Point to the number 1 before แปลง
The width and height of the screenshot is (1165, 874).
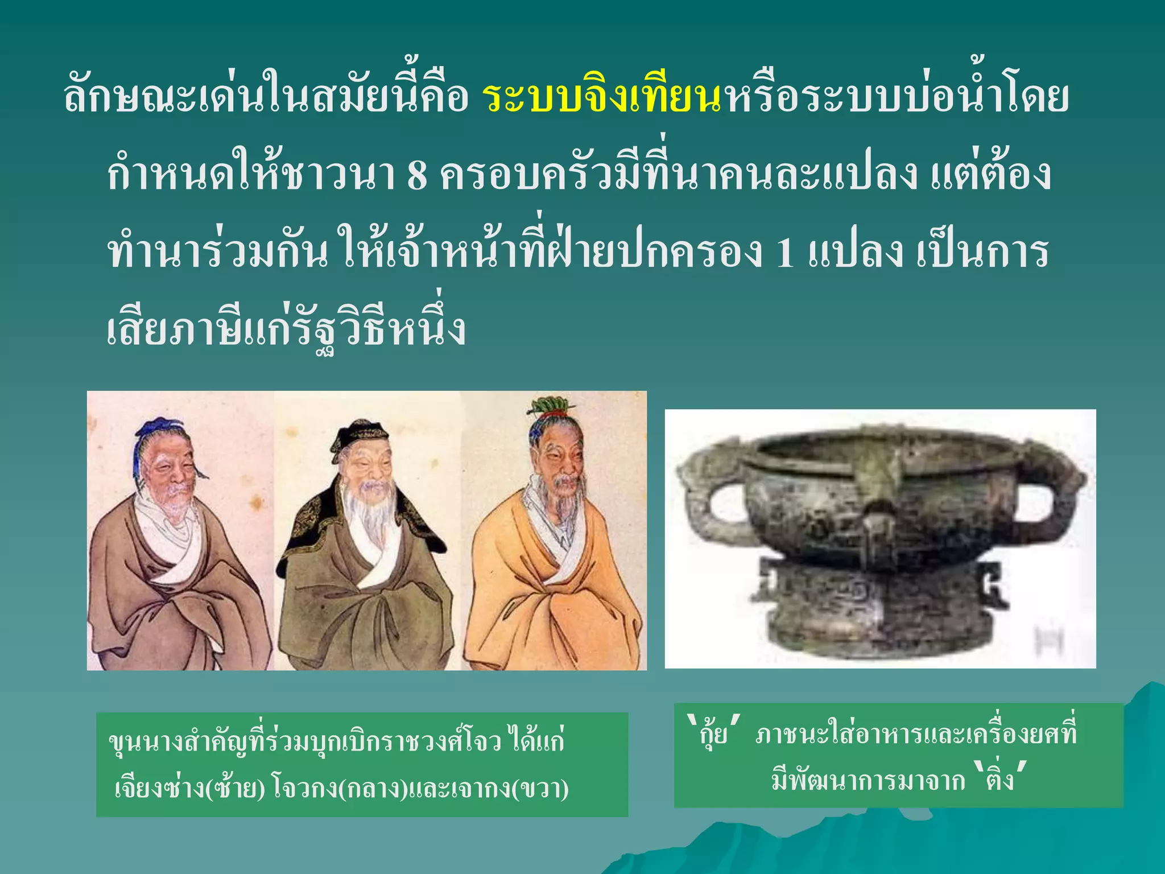tap(784, 253)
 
